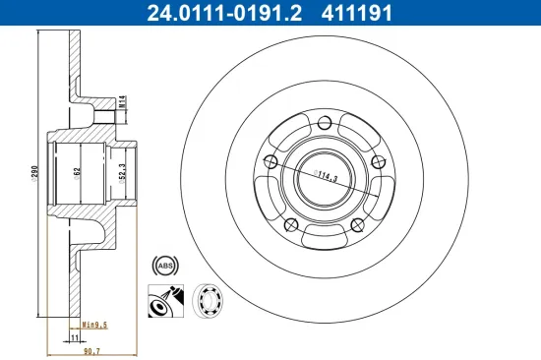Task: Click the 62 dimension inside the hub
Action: pyautogui.click(x=78, y=172)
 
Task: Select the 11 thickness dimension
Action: pyautogui.click(x=75, y=335)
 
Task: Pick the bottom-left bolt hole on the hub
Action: pyautogui.click(x=289, y=225)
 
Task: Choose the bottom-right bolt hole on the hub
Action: pyautogui.click(x=356, y=225)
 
